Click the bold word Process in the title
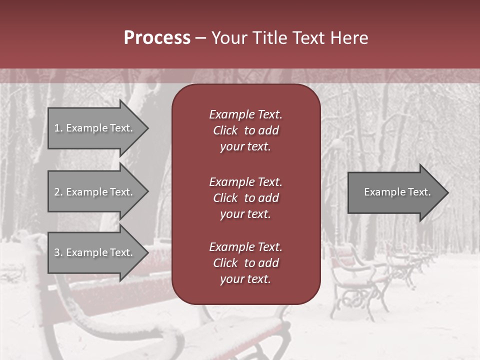(x=157, y=38)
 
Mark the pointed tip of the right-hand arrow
(x=447, y=192)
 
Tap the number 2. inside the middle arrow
(x=58, y=192)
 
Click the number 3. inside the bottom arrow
(x=58, y=252)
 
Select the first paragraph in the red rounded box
(x=245, y=130)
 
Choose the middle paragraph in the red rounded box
(x=245, y=198)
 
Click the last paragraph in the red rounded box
(x=245, y=263)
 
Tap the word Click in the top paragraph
(x=225, y=130)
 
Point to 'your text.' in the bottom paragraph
(x=245, y=279)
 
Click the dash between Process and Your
(x=200, y=38)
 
